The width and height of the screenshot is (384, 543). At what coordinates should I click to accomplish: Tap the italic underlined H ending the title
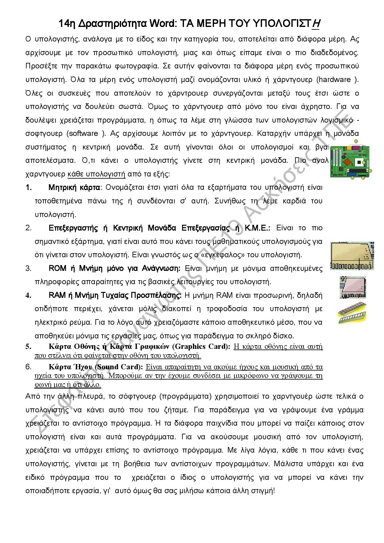pos(316,24)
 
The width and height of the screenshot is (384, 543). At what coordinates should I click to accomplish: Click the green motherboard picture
pos(350,160)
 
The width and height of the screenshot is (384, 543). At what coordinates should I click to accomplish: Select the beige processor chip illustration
pos(352,256)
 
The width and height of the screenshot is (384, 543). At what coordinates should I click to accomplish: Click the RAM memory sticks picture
pos(352,313)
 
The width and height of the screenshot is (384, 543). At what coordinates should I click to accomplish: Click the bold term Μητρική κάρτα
pos(74,187)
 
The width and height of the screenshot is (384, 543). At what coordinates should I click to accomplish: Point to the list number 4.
pos(28,295)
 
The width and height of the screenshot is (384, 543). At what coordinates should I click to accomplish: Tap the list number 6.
pos(28,367)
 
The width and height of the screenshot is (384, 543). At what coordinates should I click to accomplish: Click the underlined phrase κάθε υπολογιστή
pos(97,174)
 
